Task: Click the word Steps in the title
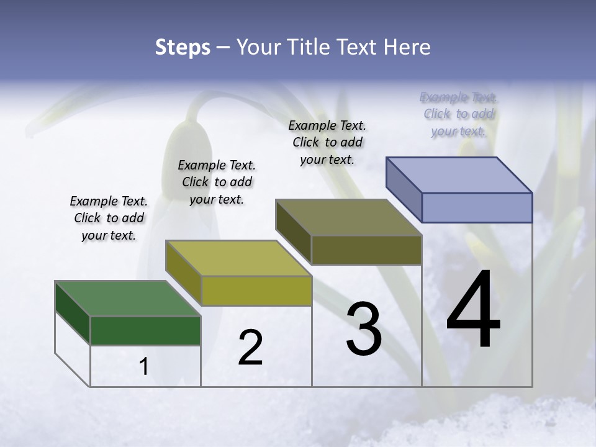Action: point(183,47)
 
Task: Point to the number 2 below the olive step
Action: point(250,348)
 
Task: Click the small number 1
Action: point(144,367)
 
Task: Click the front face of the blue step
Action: point(477,207)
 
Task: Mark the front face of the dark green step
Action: point(145,330)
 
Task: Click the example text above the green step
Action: point(109,218)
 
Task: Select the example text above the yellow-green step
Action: point(217,182)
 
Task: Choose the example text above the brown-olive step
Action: point(327,142)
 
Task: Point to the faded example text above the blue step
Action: point(459,114)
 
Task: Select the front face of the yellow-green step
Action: point(256,291)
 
